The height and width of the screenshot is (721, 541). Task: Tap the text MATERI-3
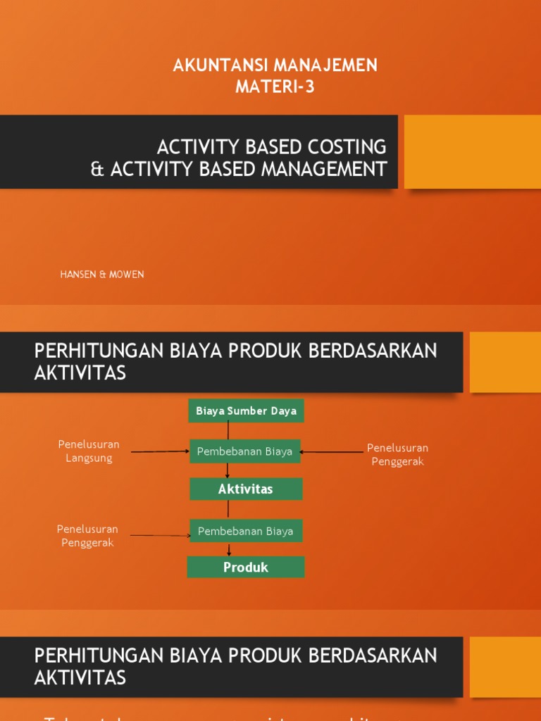275,87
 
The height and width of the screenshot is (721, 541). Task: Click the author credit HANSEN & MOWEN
102,275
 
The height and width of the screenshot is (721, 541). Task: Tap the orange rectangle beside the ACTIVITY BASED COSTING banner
472,152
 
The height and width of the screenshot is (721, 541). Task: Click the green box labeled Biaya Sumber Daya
246,410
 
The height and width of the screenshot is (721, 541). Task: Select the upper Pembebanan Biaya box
244,452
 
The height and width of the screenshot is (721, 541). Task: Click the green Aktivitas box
245,489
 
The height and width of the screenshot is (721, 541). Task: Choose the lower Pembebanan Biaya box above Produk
245,531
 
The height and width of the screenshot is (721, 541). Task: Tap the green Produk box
245,567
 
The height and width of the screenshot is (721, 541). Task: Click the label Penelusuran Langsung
89,451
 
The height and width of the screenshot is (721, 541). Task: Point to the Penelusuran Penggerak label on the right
397,455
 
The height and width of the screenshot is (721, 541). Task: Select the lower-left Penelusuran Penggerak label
87,536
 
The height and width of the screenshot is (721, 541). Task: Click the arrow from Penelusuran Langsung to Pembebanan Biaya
160,451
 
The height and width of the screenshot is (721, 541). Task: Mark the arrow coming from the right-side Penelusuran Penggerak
331,452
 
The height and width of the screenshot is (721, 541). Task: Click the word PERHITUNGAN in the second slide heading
99,351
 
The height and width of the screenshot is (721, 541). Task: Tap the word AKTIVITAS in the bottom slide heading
80,677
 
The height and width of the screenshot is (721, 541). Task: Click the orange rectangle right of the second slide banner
505,362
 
